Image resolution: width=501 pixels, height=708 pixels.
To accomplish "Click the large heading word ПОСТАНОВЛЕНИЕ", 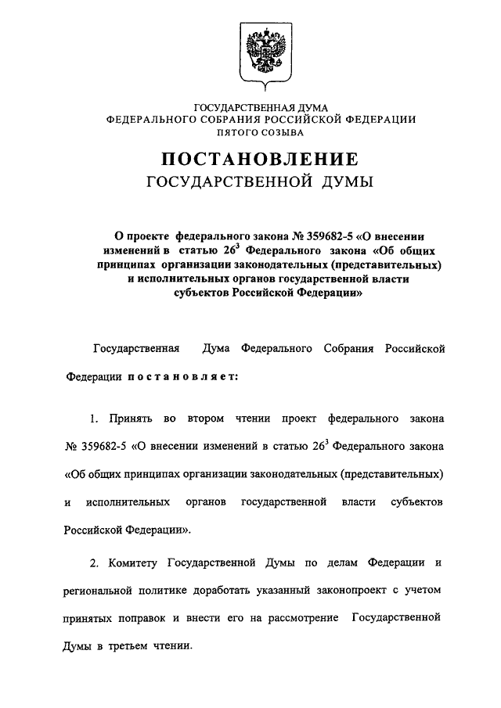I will tap(261, 160).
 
